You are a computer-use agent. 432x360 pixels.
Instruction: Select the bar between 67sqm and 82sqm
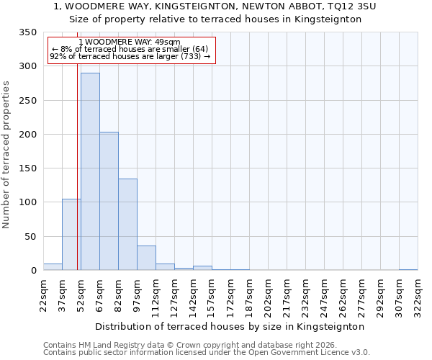(109, 201)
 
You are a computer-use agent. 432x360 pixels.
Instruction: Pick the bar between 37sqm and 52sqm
(71, 235)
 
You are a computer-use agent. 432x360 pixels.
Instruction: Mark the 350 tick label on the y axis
(27, 32)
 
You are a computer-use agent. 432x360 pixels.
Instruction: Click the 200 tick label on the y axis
(27, 135)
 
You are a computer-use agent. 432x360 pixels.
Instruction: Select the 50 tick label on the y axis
(30, 236)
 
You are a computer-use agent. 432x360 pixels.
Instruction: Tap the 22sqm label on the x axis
(44, 295)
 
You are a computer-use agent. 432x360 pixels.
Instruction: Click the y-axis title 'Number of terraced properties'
(6, 155)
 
